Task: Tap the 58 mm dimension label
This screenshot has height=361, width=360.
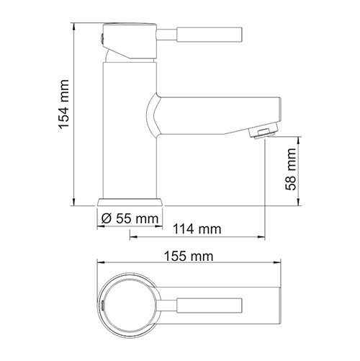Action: pyautogui.click(x=289, y=171)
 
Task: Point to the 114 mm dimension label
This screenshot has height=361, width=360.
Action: pyautogui.click(x=197, y=230)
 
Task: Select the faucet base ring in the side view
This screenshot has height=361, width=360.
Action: pyautogui.click(x=130, y=201)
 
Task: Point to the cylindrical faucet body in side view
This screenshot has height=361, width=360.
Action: pyautogui.click(x=130, y=130)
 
